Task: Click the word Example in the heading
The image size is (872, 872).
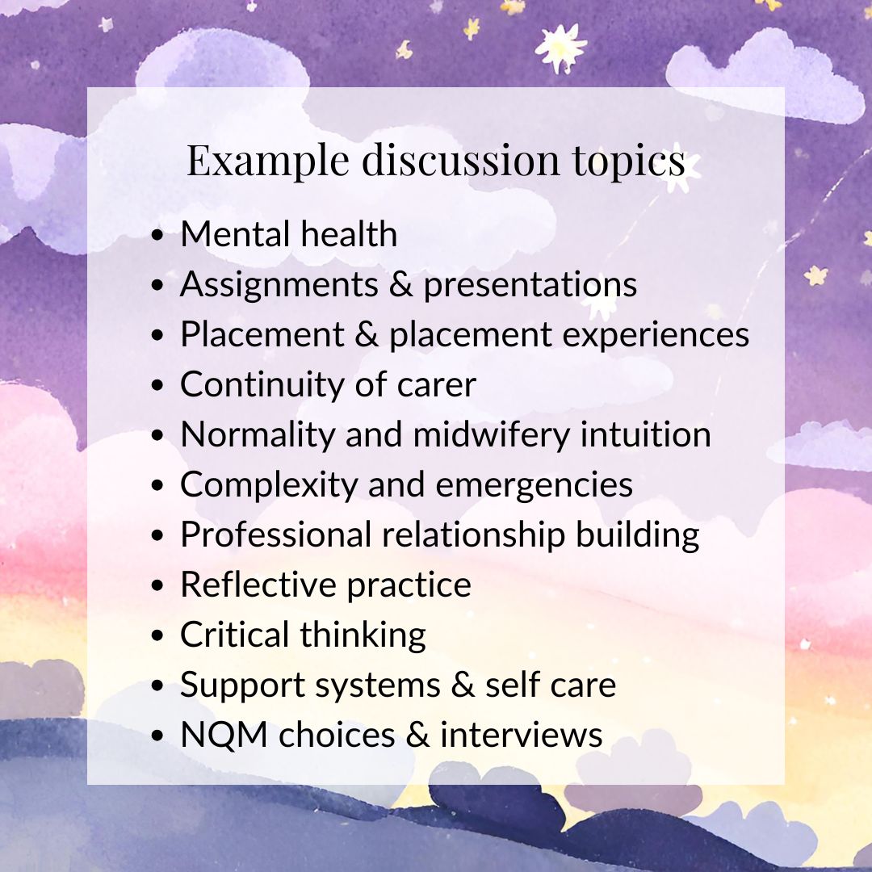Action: (267, 161)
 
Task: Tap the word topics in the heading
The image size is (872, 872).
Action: (629, 161)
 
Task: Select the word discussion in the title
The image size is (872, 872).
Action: (461, 160)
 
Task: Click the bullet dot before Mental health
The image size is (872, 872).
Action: (158, 235)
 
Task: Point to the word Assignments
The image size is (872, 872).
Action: (279, 285)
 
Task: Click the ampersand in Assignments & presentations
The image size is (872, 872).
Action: (401, 284)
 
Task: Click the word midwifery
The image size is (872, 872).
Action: (492, 435)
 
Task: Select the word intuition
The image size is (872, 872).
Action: (646, 434)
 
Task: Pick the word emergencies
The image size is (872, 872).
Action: (534, 485)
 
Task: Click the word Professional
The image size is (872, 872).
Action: (276, 535)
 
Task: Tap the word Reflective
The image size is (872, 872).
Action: (258, 585)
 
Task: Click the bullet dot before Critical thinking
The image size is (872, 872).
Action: (158, 635)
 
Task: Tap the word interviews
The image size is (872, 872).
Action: (522, 735)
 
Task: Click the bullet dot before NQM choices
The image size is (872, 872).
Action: (158, 736)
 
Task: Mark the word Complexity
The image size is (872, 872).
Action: (269, 485)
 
